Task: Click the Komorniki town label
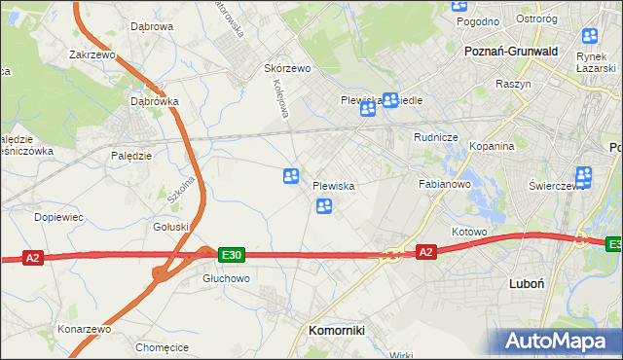point(336,330)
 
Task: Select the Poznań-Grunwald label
point(511,51)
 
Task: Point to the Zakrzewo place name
point(92,55)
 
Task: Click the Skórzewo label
point(287,69)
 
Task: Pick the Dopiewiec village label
point(55,216)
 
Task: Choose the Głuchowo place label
point(226,277)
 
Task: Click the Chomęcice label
point(162,347)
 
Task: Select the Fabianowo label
point(445,183)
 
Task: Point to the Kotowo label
point(468,232)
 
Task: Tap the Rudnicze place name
point(435,138)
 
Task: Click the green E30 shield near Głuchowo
point(231,255)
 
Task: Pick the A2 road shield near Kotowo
point(425,252)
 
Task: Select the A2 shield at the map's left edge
point(33,258)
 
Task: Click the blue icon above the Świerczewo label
point(583,176)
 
